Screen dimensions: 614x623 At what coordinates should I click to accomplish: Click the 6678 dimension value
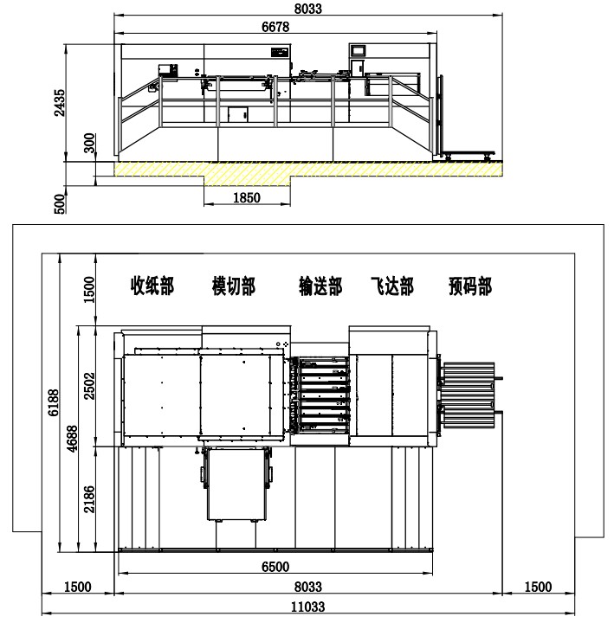275,27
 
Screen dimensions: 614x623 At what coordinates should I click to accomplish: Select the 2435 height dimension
60,102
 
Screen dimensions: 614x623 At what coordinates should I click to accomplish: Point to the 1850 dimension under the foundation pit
247,197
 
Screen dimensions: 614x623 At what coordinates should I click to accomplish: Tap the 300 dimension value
89,143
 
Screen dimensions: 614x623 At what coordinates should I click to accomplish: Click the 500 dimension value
59,204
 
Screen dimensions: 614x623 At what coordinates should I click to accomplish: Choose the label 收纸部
152,286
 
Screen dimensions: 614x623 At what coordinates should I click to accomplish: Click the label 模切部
234,286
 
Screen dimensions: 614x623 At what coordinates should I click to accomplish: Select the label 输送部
320,286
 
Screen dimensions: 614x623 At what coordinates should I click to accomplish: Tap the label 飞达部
392,286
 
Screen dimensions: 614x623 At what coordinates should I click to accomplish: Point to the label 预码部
470,286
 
